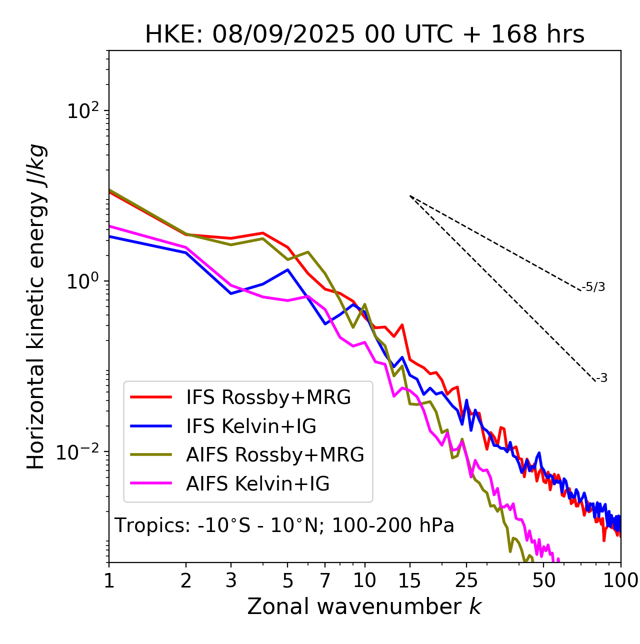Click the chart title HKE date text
364,34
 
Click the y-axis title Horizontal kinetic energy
36,306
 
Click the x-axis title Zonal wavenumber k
364,606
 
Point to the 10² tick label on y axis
83,111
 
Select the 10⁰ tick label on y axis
83,281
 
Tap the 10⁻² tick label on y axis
80,452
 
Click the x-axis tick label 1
109,580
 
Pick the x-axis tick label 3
231,580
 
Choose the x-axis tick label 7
325,580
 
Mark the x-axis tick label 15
409,580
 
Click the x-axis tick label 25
466,580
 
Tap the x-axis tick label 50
544,580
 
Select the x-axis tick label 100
620,580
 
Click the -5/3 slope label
593,287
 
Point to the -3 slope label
601,378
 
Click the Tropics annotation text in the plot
284,525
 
